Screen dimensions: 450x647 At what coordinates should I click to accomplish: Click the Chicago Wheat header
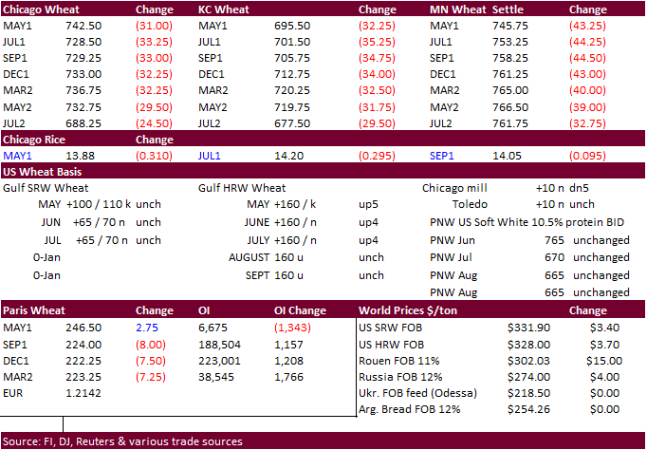coord(41,9)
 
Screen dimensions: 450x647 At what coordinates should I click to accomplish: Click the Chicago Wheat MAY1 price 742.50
coord(83,28)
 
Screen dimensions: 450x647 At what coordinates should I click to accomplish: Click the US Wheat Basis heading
coord(42,172)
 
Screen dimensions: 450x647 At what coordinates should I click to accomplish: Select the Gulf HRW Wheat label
coord(242,188)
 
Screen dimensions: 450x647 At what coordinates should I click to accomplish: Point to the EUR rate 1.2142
coord(83,391)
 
